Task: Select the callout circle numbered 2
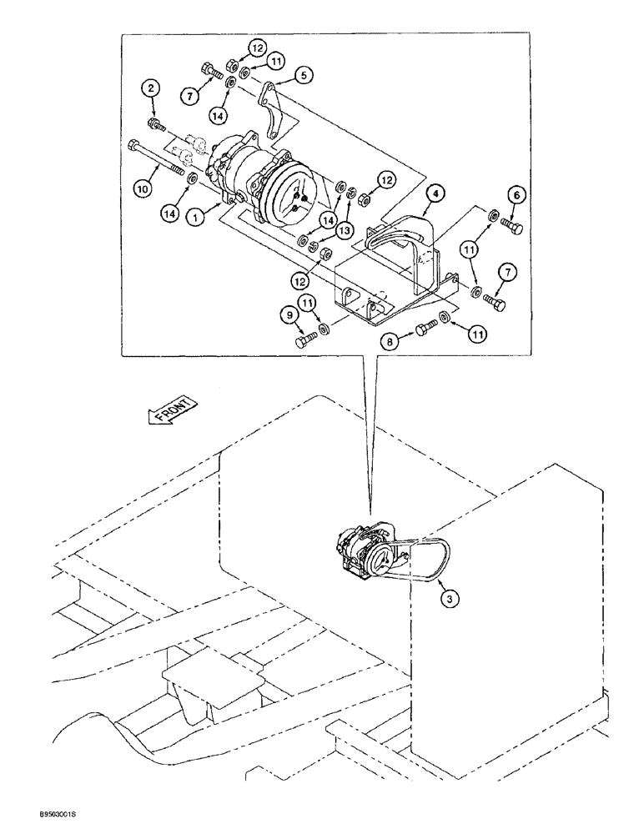click(x=150, y=88)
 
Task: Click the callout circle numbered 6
click(x=516, y=195)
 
